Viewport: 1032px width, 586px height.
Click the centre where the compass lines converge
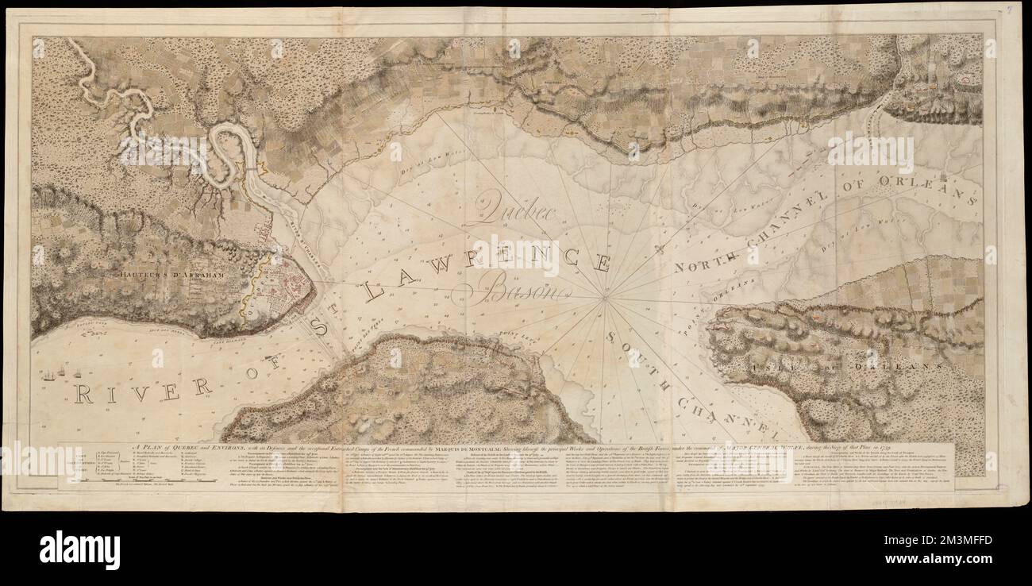click(x=604, y=299)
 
